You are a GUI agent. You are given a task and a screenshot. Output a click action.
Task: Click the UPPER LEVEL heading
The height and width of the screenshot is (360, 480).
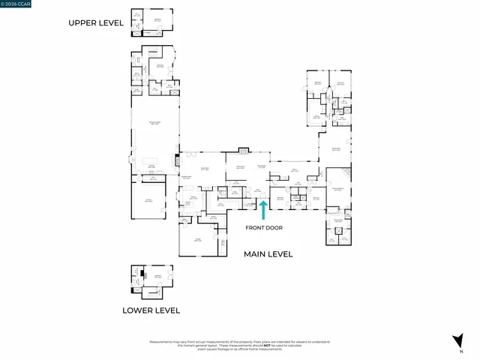point(96,23)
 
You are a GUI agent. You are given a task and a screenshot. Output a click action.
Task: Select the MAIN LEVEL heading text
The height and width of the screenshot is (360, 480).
point(268,254)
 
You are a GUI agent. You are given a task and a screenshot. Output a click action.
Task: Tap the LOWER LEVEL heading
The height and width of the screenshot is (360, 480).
point(151,310)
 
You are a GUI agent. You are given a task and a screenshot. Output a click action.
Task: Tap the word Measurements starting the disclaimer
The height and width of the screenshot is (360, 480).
point(163,341)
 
